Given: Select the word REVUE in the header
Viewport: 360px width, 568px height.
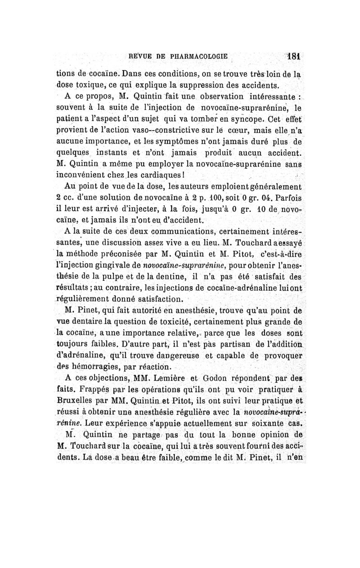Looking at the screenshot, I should pos(139,58).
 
